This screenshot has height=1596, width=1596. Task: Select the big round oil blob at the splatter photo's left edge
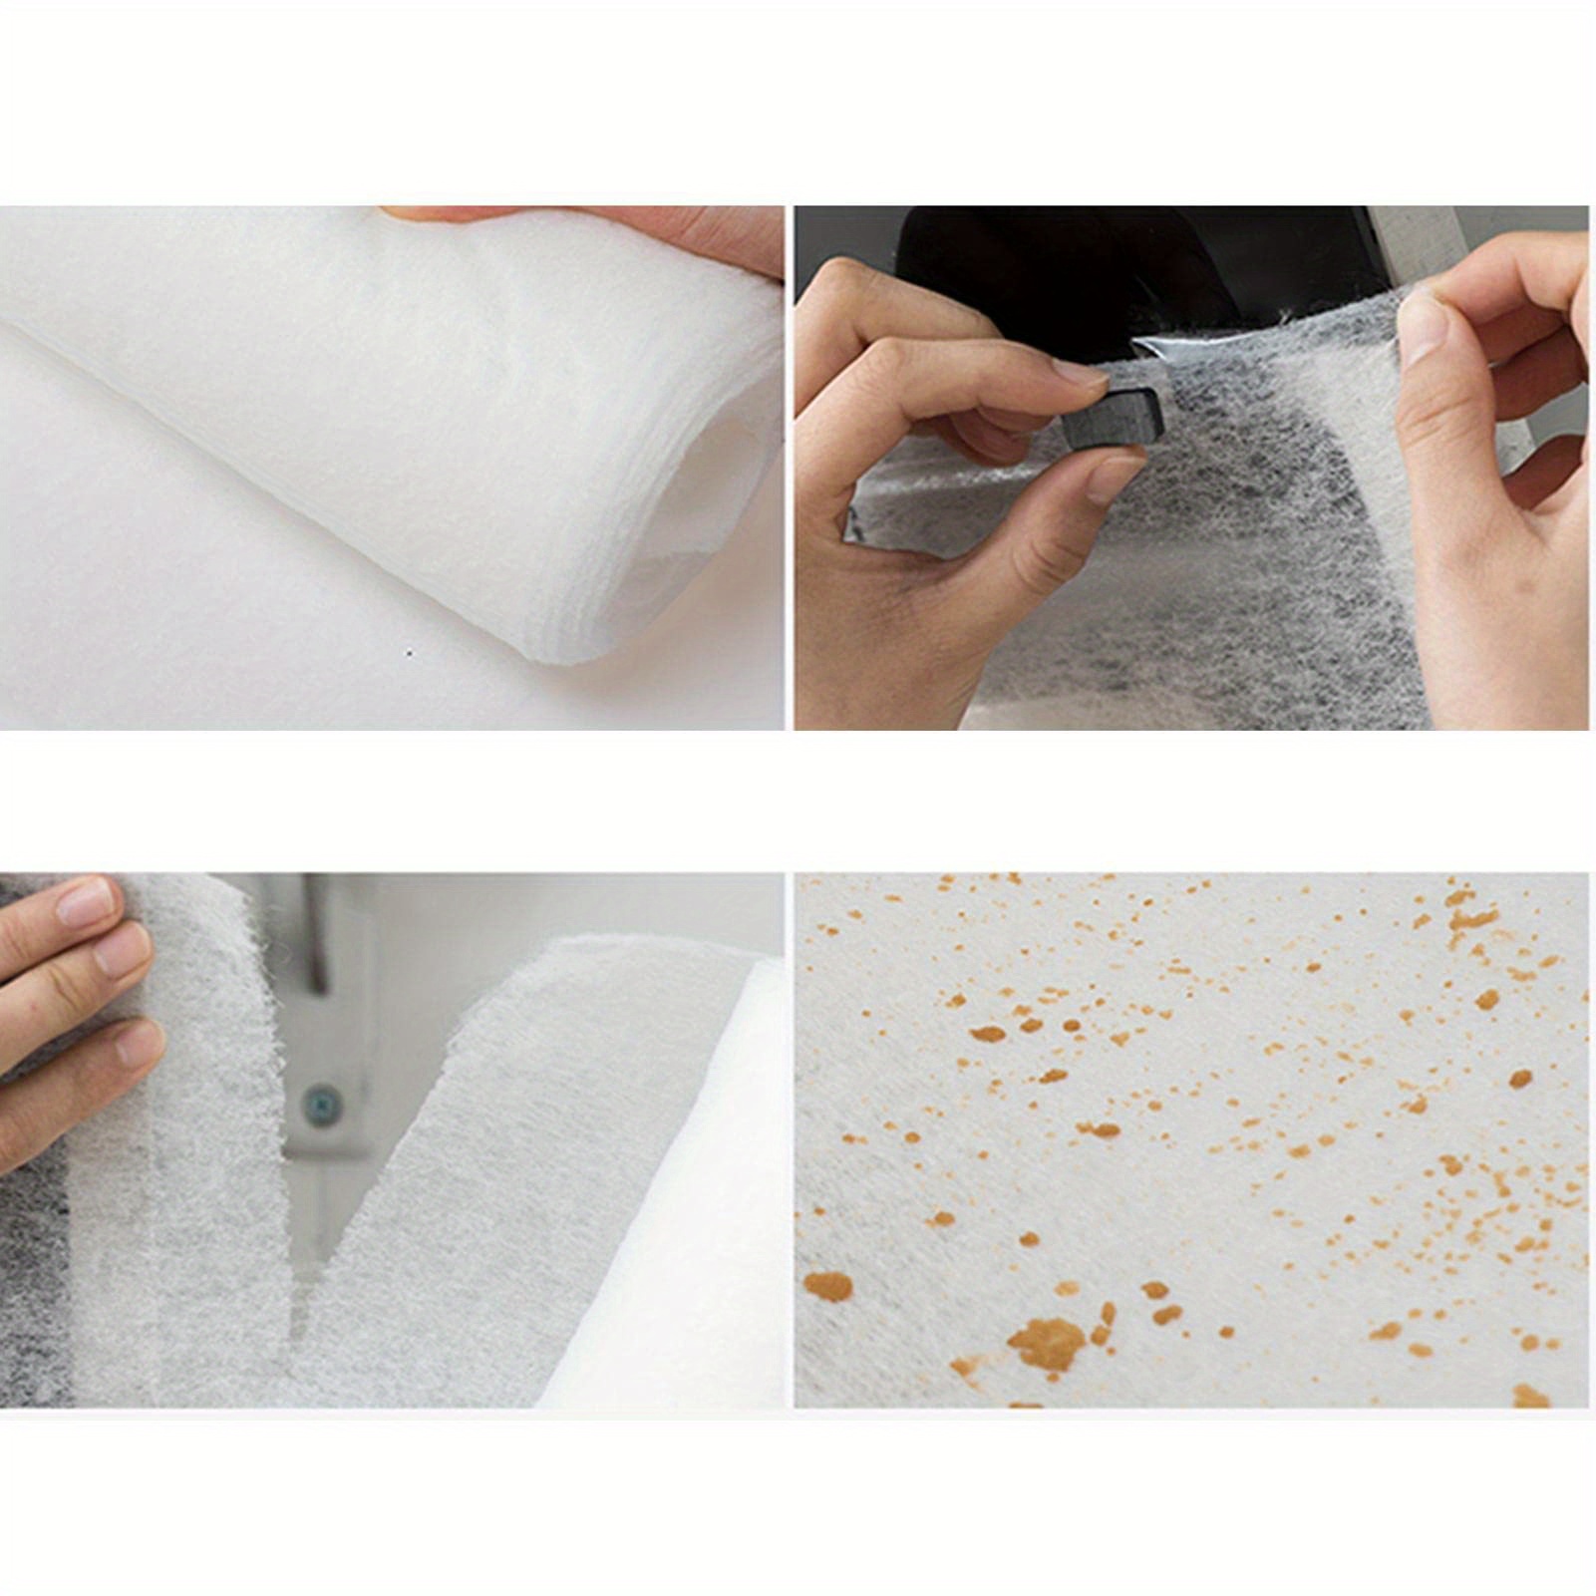[828, 1286]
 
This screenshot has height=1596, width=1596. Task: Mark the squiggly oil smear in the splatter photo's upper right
[1470, 912]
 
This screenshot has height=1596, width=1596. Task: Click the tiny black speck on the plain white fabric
[409, 654]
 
